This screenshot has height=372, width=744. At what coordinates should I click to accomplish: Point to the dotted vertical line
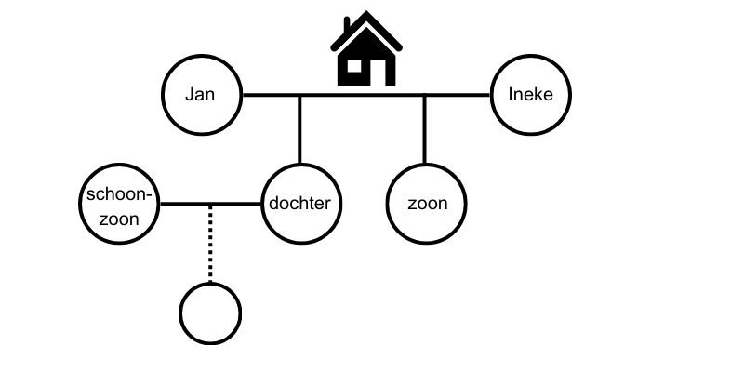(x=210, y=244)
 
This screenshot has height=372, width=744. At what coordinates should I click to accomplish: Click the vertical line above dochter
(x=299, y=129)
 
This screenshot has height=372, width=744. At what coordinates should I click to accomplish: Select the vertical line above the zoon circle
(x=425, y=129)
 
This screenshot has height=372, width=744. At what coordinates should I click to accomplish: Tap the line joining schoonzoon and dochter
(x=210, y=204)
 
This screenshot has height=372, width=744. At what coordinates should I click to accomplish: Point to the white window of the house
(x=354, y=65)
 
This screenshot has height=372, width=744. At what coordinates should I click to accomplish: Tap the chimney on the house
(x=346, y=25)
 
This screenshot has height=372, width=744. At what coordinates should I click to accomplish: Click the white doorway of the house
(x=378, y=73)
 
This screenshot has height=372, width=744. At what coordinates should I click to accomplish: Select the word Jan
(x=200, y=94)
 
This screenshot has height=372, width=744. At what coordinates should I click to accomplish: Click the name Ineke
(x=530, y=94)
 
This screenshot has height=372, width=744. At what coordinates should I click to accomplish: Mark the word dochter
(x=299, y=203)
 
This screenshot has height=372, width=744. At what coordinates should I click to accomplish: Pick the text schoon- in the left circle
(x=121, y=194)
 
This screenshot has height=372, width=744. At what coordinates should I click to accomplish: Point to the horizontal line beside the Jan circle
(x=365, y=95)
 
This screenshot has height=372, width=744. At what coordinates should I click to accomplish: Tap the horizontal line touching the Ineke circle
(x=365, y=95)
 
